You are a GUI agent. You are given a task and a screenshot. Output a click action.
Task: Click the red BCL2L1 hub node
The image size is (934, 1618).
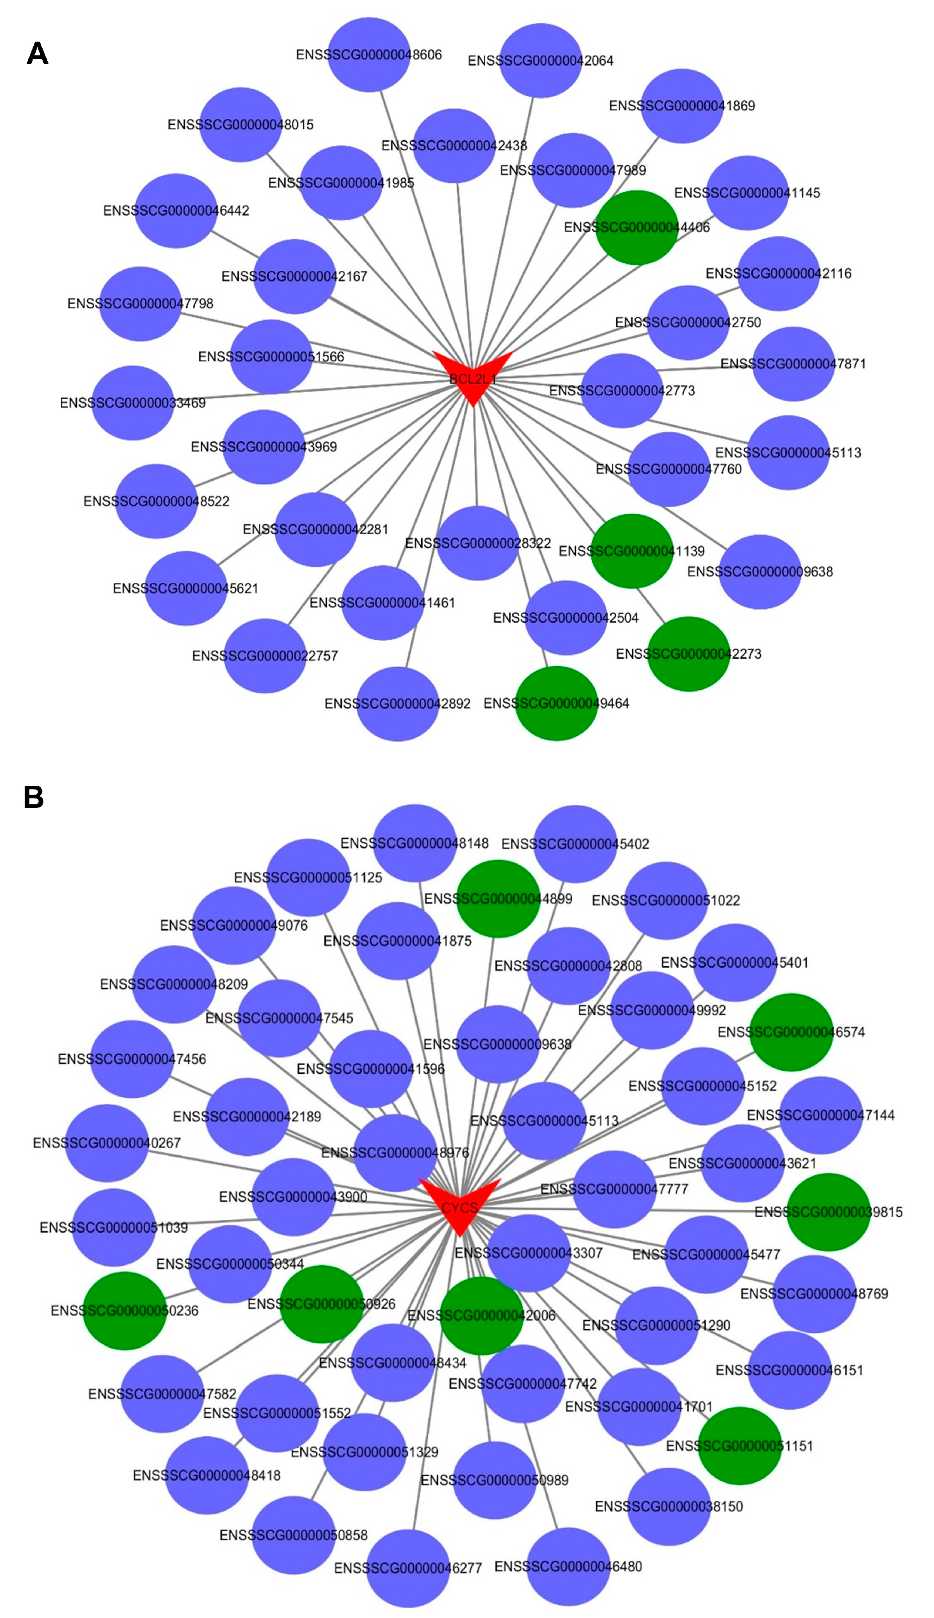pyautogui.click(x=473, y=375)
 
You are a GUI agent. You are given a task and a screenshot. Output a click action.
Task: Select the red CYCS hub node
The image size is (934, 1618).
pyautogui.click(x=459, y=1204)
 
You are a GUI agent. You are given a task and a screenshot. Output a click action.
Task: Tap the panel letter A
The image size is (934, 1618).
pyautogui.click(x=37, y=54)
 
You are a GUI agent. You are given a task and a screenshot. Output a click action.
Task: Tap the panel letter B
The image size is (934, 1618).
pyautogui.click(x=33, y=797)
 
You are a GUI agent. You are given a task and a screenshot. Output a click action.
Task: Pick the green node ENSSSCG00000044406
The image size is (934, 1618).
pyautogui.click(x=636, y=227)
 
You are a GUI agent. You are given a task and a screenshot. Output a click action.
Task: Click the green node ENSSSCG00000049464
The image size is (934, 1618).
pyautogui.click(x=556, y=703)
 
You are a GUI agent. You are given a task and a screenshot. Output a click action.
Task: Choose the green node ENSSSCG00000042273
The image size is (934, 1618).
pyautogui.click(x=688, y=653)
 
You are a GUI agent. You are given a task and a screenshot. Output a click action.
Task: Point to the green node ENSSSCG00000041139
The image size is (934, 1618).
pyautogui.click(x=631, y=550)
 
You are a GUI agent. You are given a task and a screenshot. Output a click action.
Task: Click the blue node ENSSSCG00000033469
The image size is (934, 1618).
pyautogui.click(x=133, y=403)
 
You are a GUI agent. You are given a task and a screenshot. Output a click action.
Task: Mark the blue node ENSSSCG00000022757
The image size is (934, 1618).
pyautogui.click(x=265, y=655)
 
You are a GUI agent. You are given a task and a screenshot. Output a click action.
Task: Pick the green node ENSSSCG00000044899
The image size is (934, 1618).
pyautogui.click(x=498, y=898)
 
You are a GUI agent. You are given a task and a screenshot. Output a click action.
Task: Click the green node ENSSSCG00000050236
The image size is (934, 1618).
pyautogui.click(x=124, y=1310)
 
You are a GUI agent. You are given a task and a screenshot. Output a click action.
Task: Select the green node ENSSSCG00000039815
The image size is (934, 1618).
pyautogui.click(x=828, y=1211)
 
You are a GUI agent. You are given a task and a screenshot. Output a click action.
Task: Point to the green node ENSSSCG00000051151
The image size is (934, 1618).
pyautogui.click(x=740, y=1446)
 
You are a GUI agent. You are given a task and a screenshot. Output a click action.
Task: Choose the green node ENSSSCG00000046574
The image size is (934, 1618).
pyautogui.click(x=791, y=1032)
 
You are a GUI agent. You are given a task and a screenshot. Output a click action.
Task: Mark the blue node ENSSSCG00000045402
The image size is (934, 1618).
pyautogui.click(x=575, y=844)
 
